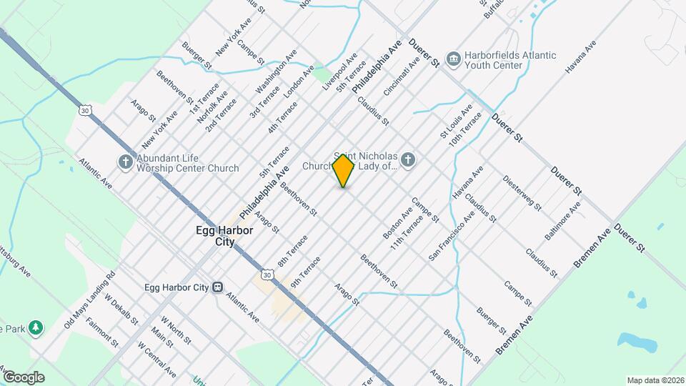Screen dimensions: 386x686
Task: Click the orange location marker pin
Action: pos(344,170)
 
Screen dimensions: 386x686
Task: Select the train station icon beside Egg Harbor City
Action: pos(216,287)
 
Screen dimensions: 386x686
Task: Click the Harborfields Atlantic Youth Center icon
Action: pos(452,58)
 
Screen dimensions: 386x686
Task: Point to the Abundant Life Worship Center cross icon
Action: pos(125,162)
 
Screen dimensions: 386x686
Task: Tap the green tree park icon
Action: pos(35,328)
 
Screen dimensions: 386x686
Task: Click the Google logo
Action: pos(24,377)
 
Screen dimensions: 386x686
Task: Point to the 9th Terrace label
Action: pos(306,272)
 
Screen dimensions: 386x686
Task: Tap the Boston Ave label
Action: pos(397,224)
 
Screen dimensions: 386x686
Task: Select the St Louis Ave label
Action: pos(456,122)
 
